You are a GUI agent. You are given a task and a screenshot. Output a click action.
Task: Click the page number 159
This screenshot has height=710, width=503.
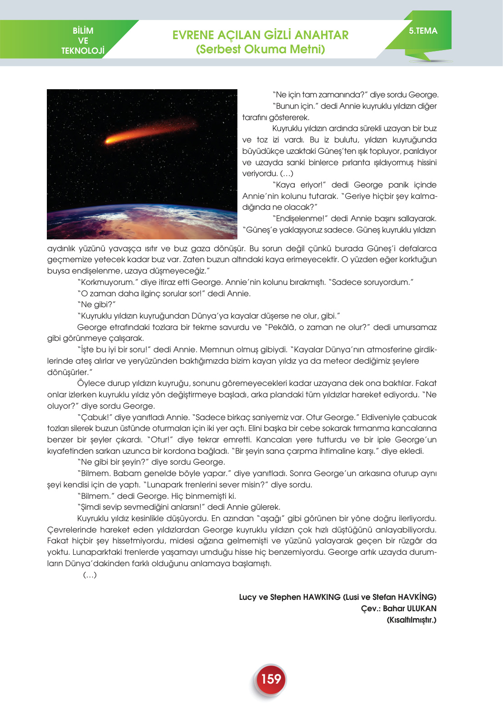coord(271,679)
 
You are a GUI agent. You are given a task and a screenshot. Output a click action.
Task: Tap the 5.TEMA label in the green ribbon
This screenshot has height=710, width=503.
coord(423,31)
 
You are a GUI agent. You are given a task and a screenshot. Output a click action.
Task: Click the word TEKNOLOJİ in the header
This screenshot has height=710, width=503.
coord(83,51)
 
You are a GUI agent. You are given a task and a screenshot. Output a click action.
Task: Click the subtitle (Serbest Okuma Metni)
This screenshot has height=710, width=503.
coord(260,49)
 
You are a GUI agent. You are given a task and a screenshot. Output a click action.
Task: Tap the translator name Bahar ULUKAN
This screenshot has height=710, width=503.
coord(409,609)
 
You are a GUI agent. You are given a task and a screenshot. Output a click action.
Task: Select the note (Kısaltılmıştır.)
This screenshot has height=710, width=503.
coord(411,620)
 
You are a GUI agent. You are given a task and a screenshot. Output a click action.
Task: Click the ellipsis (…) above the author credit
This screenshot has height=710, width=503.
coord(90,575)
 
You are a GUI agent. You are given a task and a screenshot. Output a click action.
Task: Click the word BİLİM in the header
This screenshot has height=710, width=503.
coord(83,30)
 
